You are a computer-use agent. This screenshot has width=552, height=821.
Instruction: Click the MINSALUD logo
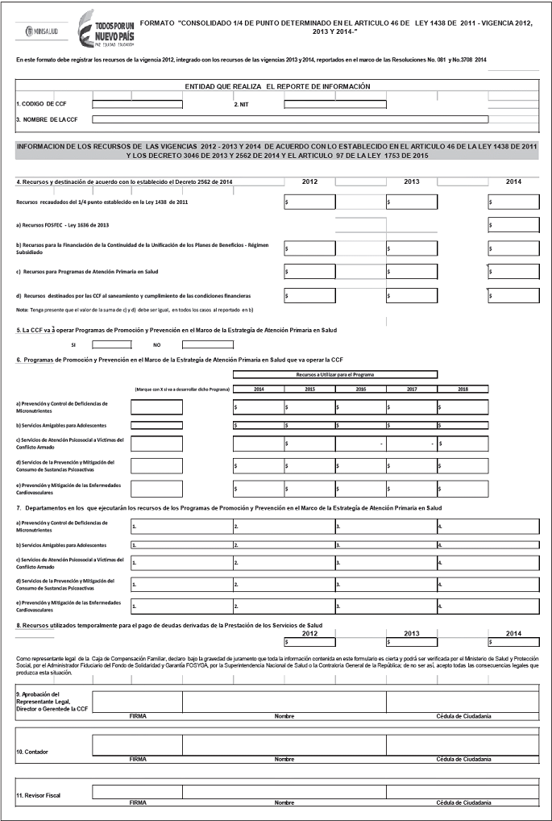[x=39, y=31]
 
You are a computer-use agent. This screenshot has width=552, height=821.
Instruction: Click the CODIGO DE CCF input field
[x=137, y=104]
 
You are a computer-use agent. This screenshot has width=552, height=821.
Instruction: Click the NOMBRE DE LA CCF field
[x=290, y=119]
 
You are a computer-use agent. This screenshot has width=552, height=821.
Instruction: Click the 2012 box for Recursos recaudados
[x=310, y=202]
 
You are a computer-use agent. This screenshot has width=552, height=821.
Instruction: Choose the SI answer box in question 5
[x=112, y=344]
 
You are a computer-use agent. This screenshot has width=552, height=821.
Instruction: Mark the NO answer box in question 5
[x=207, y=344]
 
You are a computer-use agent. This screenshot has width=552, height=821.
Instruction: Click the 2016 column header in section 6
[x=360, y=390]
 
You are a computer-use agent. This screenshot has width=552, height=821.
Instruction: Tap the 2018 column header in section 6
[x=463, y=390]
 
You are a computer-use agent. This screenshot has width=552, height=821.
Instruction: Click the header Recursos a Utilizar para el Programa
[x=335, y=374]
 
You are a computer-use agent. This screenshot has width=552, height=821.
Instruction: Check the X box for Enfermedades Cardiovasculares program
[x=156, y=488]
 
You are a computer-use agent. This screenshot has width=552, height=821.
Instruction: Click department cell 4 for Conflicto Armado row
[x=488, y=562]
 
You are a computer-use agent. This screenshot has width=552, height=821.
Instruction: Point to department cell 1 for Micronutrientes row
[x=181, y=527]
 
